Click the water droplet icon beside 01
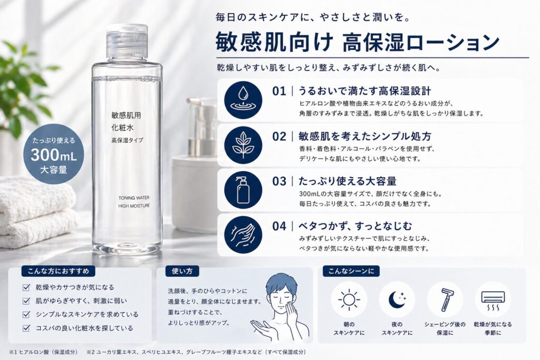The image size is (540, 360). [243, 100]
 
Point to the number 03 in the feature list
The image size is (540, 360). [279, 181]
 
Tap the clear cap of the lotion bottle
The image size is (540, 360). [127, 41]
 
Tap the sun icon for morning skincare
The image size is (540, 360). [349, 299]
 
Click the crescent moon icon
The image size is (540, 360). [397, 299]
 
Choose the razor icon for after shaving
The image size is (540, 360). [445, 299]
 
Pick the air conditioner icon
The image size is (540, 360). [493, 299]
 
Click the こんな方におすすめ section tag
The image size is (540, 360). [58, 271]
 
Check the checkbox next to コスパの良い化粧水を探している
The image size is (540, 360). [26, 328]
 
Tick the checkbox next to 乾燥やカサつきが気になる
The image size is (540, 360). [26, 288]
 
